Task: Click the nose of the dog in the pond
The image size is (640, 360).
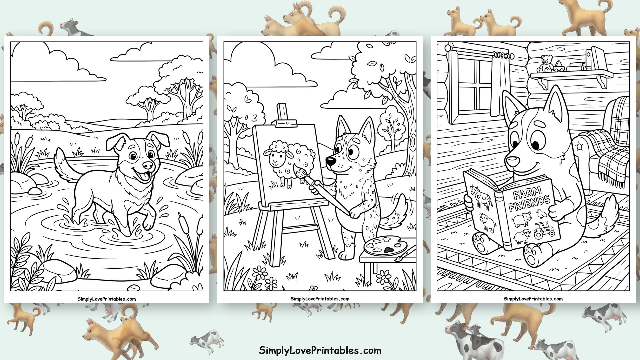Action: coord(147,165)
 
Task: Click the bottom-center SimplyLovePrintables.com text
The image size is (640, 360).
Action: coord(320,350)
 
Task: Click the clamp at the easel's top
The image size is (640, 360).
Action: coord(285,123)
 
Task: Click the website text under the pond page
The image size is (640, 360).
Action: coord(107,299)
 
